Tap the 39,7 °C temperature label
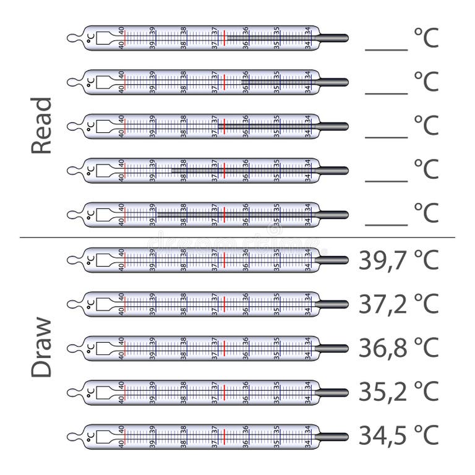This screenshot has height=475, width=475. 398,260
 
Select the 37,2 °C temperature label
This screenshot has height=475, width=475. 398,304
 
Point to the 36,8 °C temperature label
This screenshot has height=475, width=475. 398,348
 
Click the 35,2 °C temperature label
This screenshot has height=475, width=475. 398,392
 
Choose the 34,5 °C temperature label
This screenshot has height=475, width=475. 398,435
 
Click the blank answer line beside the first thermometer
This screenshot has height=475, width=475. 387,49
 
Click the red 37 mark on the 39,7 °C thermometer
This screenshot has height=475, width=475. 225,260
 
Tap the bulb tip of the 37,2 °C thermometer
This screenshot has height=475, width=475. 334,304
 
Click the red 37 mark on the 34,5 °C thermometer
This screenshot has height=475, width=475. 225,436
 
